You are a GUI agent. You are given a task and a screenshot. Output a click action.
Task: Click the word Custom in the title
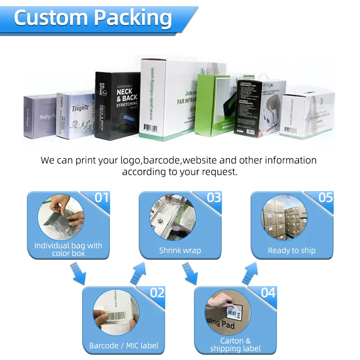coord(50,18)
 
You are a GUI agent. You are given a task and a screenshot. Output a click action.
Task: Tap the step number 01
coord(101,197)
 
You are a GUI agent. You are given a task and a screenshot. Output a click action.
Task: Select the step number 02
coord(157,292)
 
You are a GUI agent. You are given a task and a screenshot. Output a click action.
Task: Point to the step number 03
coord(213,197)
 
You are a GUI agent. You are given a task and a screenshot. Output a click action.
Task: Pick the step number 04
coord(268,292)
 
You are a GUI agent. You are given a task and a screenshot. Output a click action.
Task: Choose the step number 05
coord(325,197)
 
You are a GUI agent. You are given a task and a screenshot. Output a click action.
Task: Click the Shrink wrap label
coord(180,251)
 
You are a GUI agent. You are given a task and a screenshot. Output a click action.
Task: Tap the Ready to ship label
coord(292,251)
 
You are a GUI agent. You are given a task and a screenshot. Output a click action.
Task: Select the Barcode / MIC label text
coord(124,346)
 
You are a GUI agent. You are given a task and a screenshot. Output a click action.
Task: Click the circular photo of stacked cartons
coord(284,217)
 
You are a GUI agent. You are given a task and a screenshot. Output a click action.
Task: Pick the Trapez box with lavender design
coord(75,114)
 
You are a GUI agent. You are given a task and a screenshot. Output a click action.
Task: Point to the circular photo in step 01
coord(60,217)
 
